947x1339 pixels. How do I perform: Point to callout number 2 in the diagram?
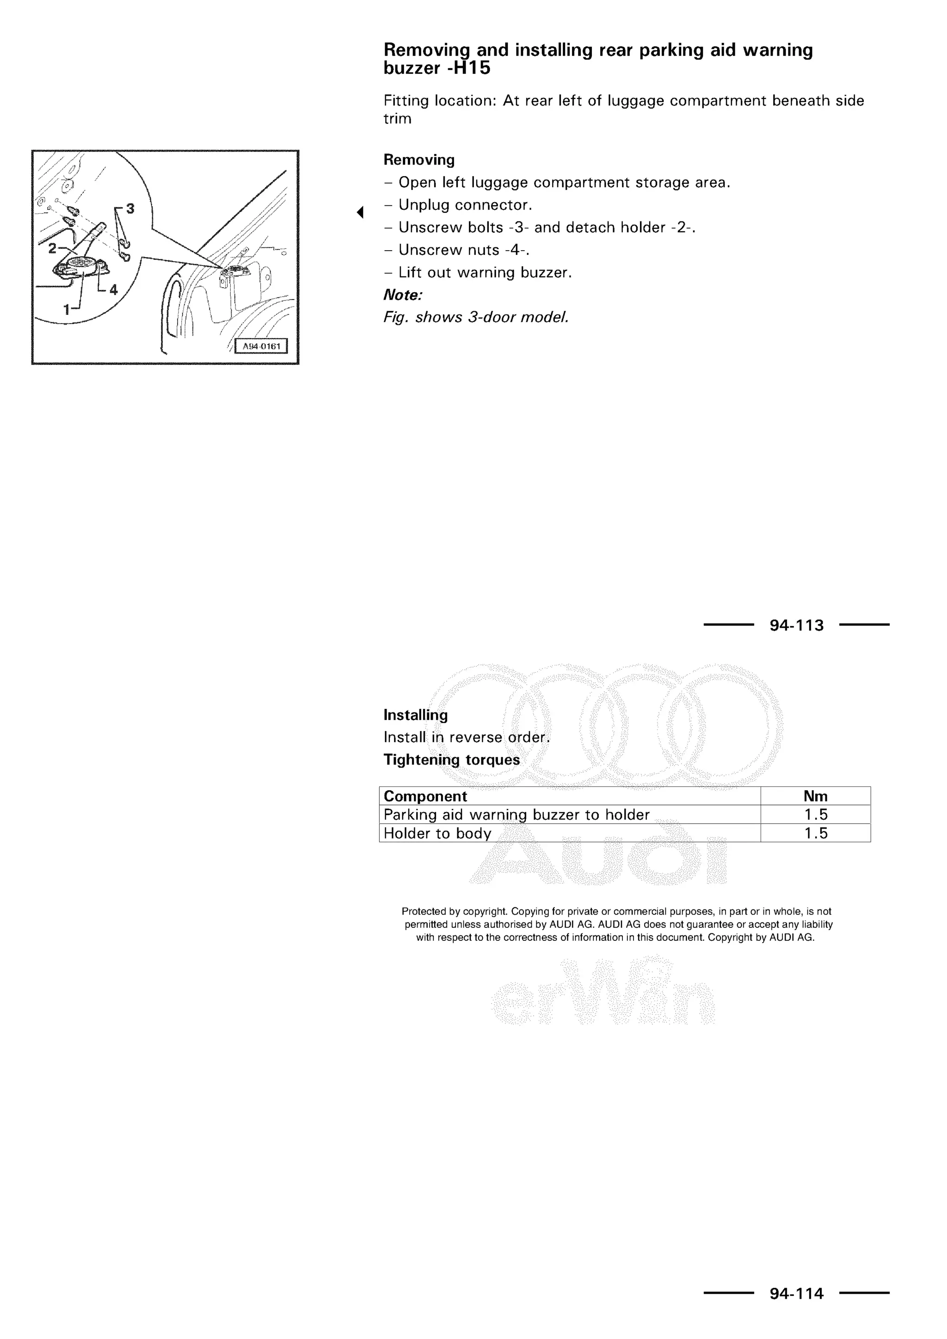(52, 248)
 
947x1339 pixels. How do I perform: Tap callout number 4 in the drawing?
(113, 289)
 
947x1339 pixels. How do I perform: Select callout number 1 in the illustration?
(67, 309)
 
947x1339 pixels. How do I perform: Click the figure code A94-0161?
(261, 346)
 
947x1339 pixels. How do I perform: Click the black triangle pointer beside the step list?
(360, 212)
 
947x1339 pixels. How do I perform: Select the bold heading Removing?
(418, 160)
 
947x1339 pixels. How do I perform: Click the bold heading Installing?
(415, 715)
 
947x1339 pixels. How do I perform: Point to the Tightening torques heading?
(451, 760)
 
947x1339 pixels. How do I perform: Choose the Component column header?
(425, 796)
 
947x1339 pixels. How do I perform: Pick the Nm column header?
(815, 796)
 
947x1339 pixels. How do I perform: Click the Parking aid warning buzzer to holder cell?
(516, 815)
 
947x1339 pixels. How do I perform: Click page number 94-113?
(797, 626)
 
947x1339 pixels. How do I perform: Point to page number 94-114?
(797, 1294)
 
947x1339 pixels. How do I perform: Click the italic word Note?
(402, 295)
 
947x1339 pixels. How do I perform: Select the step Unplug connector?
(465, 205)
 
